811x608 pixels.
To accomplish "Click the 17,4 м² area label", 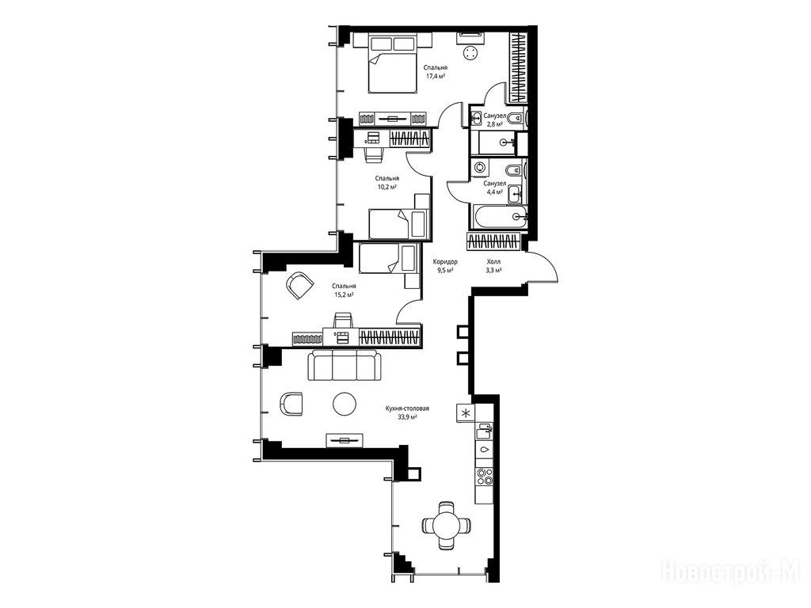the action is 436,76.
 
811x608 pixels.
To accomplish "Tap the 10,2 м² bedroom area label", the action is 386,187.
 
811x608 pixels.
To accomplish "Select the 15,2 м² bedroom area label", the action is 344,294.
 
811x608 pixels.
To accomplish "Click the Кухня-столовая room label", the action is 407,408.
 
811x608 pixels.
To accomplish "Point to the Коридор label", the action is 445,261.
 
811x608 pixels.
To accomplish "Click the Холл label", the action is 493,261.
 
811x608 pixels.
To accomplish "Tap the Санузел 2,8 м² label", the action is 494,120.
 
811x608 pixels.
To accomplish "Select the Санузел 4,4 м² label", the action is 494,187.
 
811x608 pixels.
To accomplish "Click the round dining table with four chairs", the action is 447,526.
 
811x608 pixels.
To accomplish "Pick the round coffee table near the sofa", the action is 344,403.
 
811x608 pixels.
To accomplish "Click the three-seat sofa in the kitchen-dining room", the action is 345,365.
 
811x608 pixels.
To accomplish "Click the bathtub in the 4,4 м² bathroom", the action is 500,217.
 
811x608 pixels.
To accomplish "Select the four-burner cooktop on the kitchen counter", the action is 485,476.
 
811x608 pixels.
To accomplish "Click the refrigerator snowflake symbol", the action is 466,413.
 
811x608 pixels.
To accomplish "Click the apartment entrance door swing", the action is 543,266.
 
